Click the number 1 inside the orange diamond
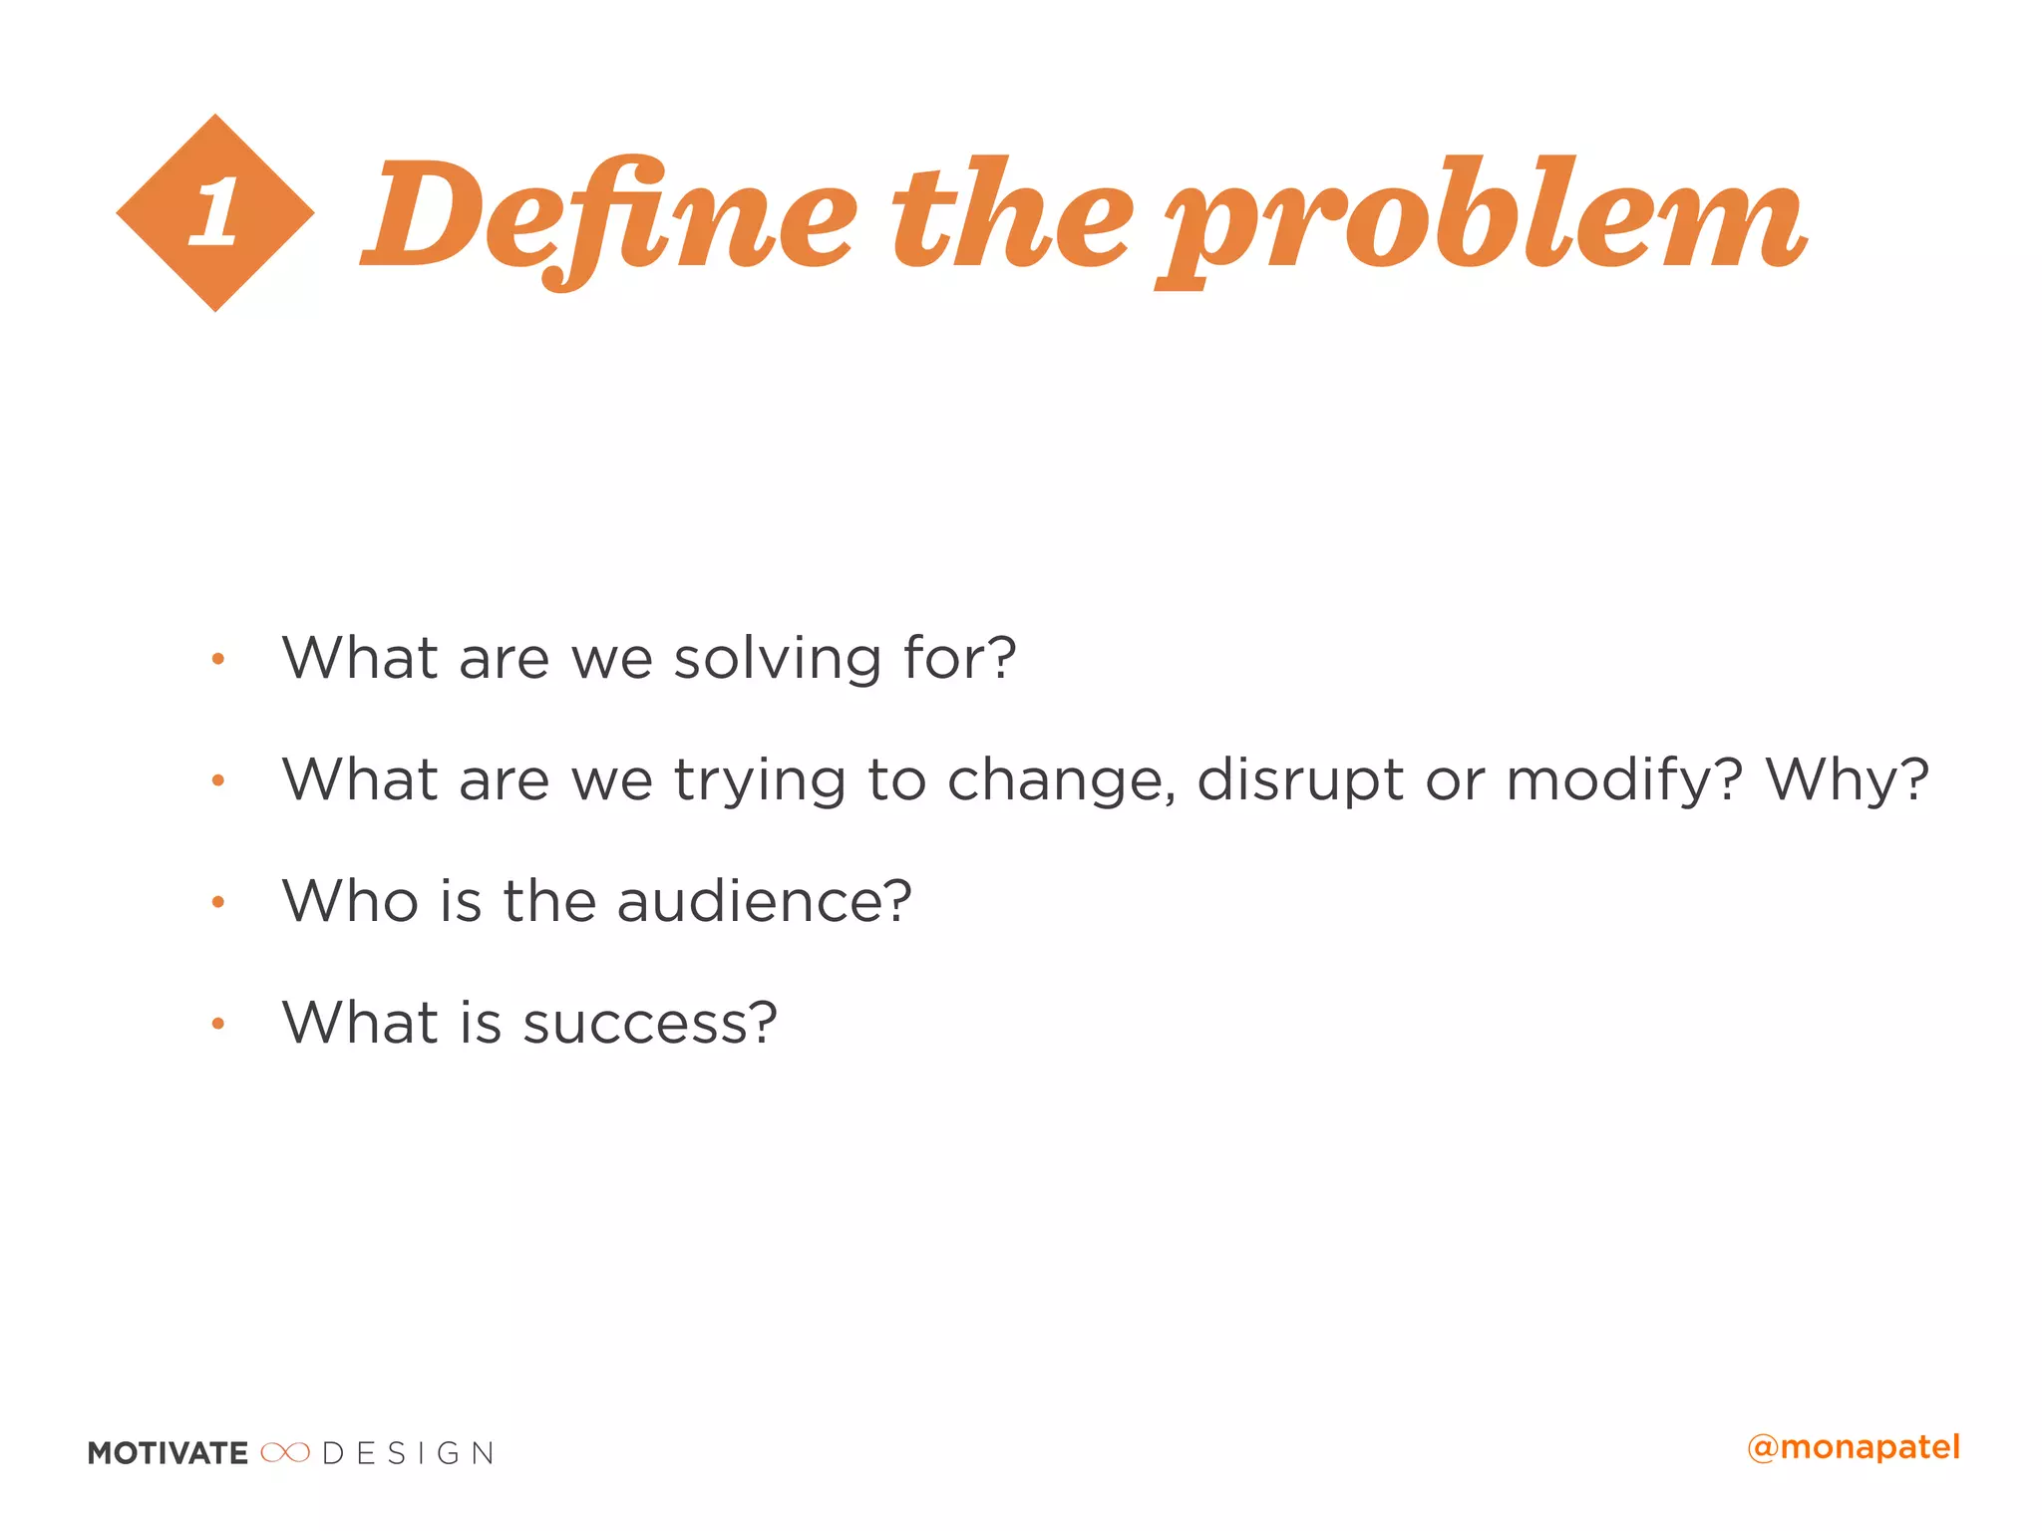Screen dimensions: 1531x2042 point(215,212)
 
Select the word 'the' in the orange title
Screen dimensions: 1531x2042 point(1011,215)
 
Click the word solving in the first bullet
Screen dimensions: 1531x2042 point(778,660)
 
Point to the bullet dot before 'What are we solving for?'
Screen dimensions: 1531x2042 point(218,659)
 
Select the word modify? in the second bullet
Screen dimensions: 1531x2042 point(1624,780)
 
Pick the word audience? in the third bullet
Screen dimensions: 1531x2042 point(764,901)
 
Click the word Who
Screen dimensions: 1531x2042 point(350,901)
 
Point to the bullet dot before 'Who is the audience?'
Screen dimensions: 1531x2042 point(218,902)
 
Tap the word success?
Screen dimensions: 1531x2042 point(649,1024)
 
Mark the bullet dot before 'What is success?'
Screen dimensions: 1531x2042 point(218,1024)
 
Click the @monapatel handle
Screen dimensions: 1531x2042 point(1854,1447)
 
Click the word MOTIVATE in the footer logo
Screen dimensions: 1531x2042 point(168,1453)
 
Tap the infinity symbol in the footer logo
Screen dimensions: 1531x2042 point(285,1453)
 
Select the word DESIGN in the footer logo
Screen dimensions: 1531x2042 point(408,1453)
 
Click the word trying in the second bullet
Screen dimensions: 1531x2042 point(760,780)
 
